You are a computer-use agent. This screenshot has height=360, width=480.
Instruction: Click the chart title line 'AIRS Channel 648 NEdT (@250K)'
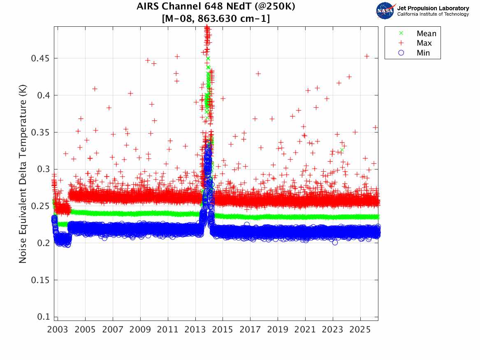coord(216,6)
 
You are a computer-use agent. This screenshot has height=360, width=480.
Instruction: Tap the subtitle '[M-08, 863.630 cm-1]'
coord(216,19)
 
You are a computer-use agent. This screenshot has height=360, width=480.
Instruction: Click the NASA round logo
coord(385,11)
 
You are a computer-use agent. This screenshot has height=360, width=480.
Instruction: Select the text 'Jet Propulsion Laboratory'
coord(433,8)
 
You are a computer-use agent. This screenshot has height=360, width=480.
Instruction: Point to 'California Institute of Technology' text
coord(433,14)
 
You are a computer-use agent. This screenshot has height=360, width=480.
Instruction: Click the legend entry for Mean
coord(418,33)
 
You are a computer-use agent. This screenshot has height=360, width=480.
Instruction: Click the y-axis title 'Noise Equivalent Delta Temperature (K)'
coord(23,174)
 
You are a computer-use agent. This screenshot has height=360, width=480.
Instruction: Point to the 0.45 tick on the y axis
coord(40,58)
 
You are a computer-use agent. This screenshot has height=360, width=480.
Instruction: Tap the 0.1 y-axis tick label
coord(44,317)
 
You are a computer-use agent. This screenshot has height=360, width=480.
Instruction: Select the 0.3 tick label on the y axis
coord(44,169)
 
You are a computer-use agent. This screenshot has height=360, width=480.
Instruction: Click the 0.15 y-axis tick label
coord(40,280)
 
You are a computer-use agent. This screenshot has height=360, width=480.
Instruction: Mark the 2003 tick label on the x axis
coord(58,330)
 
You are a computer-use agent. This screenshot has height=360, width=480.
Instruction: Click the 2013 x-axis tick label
coord(195,330)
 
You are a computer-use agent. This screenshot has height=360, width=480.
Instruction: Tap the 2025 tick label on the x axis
coord(360,330)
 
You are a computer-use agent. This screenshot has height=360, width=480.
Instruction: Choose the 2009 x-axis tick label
coord(140,330)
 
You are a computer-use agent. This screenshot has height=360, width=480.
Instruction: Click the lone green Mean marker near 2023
coord(342,150)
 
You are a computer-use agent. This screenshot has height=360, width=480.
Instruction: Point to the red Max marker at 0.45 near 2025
coord(366,56)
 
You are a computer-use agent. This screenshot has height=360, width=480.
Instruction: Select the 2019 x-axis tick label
coord(278,330)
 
